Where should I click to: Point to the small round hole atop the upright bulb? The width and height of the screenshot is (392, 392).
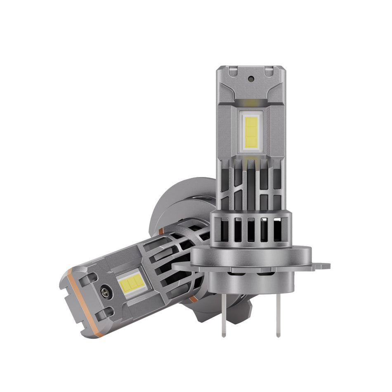coord(251,78)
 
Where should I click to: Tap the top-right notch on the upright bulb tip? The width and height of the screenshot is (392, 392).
coord(268,72)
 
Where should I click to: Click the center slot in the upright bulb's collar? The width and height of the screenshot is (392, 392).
coord(250,230)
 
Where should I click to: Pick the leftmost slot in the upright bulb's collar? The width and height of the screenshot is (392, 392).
coord(225,229)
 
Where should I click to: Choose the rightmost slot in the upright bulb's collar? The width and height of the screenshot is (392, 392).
coord(277,229)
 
